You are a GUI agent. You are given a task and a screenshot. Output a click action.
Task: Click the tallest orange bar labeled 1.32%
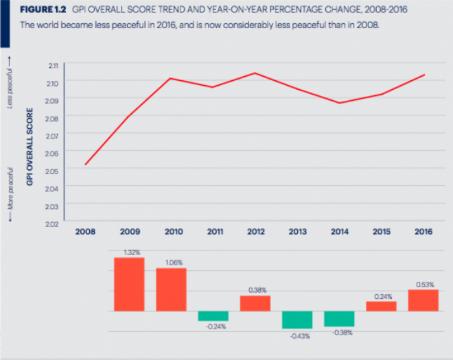tap(128, 284)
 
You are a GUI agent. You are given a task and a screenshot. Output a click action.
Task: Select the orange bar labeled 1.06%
tap(171, 289)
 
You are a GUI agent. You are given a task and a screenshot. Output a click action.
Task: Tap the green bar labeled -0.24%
tap(213, 316)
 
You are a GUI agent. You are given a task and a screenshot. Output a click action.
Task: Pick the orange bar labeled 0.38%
tap(255, 303)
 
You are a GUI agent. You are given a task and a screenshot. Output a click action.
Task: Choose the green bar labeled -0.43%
tap(297, 320)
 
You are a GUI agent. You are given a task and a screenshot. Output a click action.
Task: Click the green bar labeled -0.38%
tap(339, 318)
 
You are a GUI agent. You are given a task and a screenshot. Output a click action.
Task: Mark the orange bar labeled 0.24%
tap(381, 306)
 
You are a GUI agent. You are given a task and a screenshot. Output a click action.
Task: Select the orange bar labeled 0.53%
tap(423, 300)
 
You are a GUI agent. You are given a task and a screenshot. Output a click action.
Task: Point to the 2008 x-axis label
tap(86, 232)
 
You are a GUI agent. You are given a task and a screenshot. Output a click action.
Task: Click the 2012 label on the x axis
tap(255, 232)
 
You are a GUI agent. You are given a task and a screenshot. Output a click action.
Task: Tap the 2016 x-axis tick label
tap(423, 232)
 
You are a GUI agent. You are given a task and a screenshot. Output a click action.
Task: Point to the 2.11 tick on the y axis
tap(54, 65)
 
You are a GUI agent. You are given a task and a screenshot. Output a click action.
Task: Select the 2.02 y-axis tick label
tap(54, 224)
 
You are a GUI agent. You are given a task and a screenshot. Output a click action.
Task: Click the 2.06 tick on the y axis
tap(54, 153)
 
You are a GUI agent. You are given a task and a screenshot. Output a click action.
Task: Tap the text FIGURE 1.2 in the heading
tap(43, 11)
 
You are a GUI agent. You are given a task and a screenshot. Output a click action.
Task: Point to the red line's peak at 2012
tap(255, 73)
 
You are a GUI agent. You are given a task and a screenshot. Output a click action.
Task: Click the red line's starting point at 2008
tap(86, 165)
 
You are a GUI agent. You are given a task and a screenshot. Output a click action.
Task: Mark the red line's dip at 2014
tap(339, 103)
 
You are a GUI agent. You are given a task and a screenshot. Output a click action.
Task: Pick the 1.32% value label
tap(128, 252)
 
